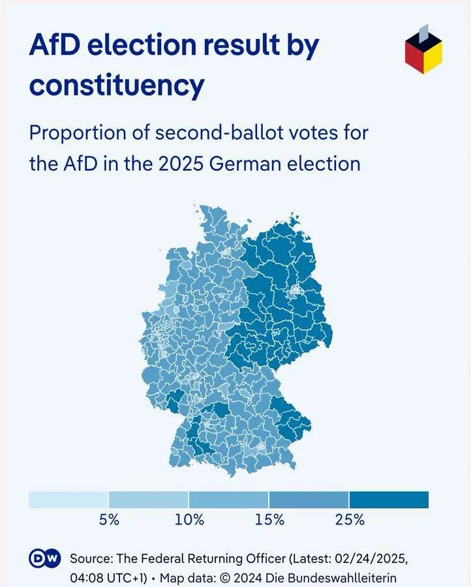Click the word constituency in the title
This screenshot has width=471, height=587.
pos(117,85)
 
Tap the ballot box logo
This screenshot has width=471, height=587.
pos(423,49)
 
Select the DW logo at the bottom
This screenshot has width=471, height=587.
pos(44,559)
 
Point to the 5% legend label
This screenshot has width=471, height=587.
pos(109,520)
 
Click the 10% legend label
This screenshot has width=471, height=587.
pos(189,520)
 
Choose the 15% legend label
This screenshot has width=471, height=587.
pos(269,520)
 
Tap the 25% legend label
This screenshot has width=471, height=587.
pos(350,520)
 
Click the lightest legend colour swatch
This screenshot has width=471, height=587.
pos(68,500)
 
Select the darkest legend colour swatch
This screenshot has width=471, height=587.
pos(389,500)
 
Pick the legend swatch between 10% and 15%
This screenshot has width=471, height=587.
pos(228,500)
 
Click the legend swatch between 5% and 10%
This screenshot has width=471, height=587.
pos(149,500)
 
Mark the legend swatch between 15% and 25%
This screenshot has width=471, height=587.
pos(309,500)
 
